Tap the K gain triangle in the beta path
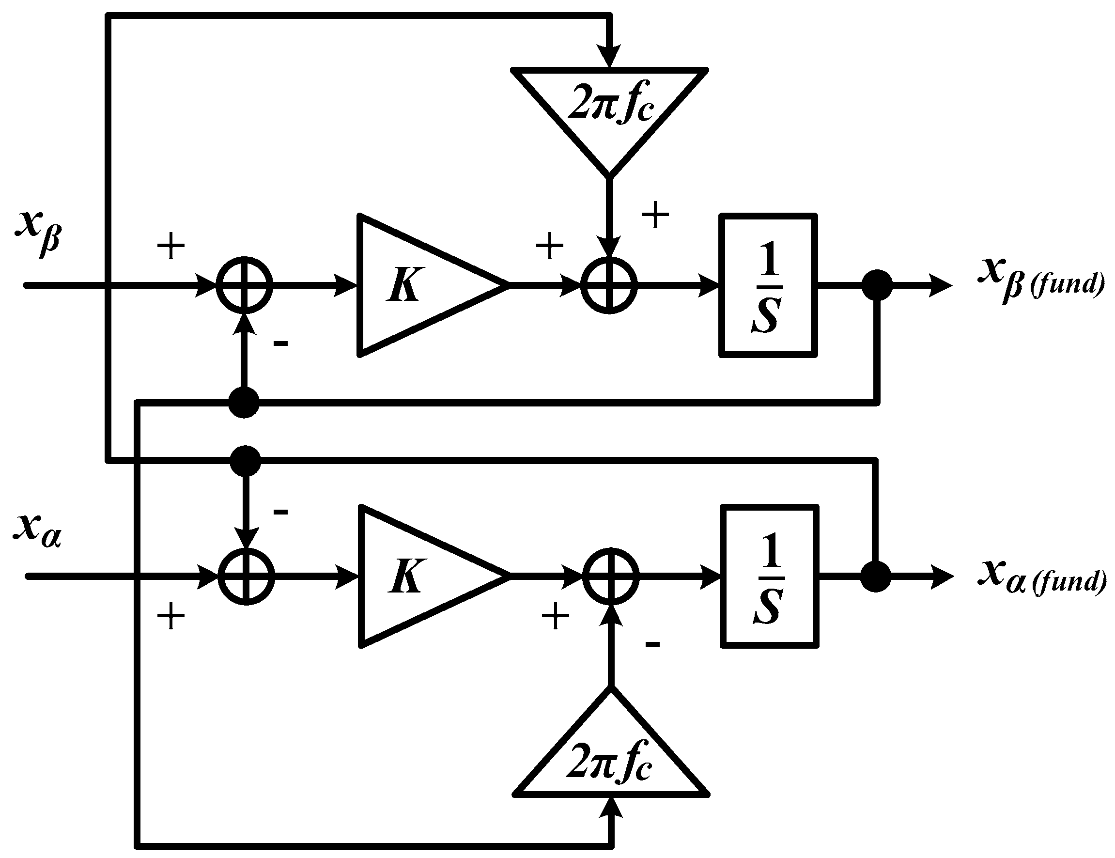click(x=418, y=285)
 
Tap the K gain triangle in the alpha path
click(x=421, y=576)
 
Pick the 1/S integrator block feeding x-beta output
click(x=767, y=285)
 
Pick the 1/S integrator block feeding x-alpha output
click(x=769, y=577)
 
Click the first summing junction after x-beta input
click(x=244, y=285)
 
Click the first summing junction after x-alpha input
click(x=246, y=576)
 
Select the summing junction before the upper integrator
click(x=609, y=285)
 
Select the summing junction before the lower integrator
click(x=611, y=576)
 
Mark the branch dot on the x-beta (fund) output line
click(x=877, y=285)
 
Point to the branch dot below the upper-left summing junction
click(x=244, y=403)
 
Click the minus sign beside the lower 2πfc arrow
click(x=652, y=644)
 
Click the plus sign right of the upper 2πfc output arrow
click(x=654, y=215)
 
